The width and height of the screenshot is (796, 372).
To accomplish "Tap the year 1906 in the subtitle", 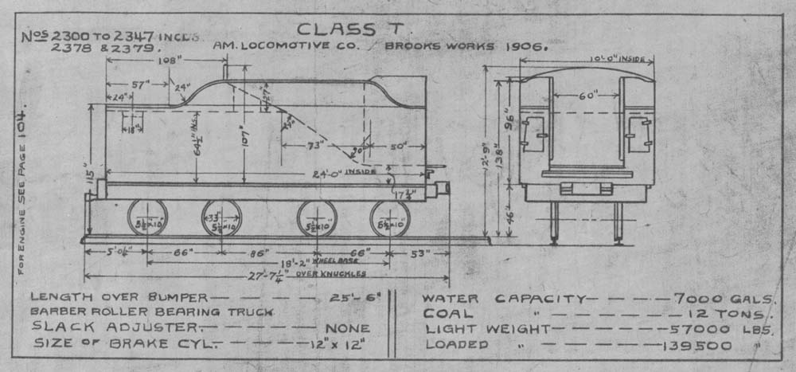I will pyautogui.click(x=521, y=46).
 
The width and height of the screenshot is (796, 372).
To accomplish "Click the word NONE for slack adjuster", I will pyautogui.click(x=348, y=328).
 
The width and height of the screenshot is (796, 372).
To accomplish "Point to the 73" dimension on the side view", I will pyautogui.click(x=317, y=146).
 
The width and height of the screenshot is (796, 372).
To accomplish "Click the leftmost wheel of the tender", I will pyautogui.click(x=147, y=217).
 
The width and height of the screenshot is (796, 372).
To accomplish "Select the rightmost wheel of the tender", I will pyautogui.click(x=389, y=217).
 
